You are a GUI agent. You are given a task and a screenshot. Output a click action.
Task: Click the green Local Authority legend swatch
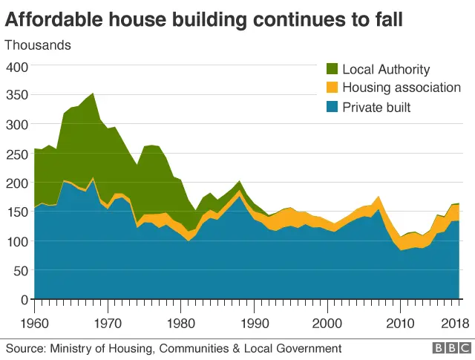pos(332,70)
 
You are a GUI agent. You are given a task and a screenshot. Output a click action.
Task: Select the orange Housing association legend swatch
pos(332,88)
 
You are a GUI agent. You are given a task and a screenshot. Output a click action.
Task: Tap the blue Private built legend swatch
pos(332,108)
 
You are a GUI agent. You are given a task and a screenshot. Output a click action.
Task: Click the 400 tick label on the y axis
pos(16,67)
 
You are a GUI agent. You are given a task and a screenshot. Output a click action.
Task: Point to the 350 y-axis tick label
pos(16,96)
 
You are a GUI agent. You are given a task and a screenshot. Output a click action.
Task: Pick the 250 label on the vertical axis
pos(16,154)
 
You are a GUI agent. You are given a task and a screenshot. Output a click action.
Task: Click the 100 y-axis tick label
pos(16,241)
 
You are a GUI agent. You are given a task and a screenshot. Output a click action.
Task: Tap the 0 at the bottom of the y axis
pos(23,300)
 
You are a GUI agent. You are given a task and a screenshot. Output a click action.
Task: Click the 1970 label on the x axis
pos(108,324)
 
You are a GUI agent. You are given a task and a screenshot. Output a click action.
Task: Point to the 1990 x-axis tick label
pos(255,324)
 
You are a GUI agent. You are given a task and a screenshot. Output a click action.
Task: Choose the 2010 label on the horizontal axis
pos(401,324)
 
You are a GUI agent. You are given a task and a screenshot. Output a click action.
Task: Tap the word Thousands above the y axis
pos(38,45)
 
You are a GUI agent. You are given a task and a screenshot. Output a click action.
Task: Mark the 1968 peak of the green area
pos(93,94)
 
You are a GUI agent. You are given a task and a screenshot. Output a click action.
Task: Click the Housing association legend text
pos(402,88)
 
